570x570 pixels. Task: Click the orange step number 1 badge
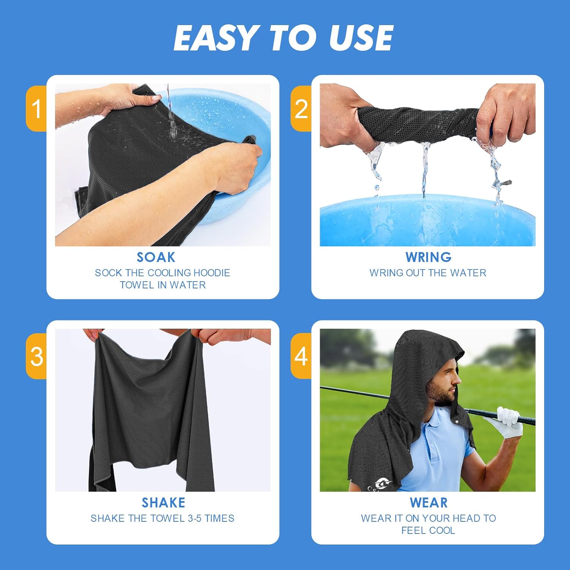click(x=36, y=109)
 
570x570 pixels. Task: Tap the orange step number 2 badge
click(x=301, y=109)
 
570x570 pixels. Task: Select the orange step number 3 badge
click(x=36, y=356)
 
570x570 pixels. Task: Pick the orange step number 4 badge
click(x=301, y=356)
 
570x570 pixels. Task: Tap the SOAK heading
click(x=156, y=257)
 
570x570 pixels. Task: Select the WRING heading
click(x=428, y=257)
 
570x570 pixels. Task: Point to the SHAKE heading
click(x=163, y=503)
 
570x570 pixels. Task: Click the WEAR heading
click(x=429, y=503)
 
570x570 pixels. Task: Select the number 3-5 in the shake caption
click(x=195, y=518)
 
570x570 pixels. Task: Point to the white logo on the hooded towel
click(x=380, y=484)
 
